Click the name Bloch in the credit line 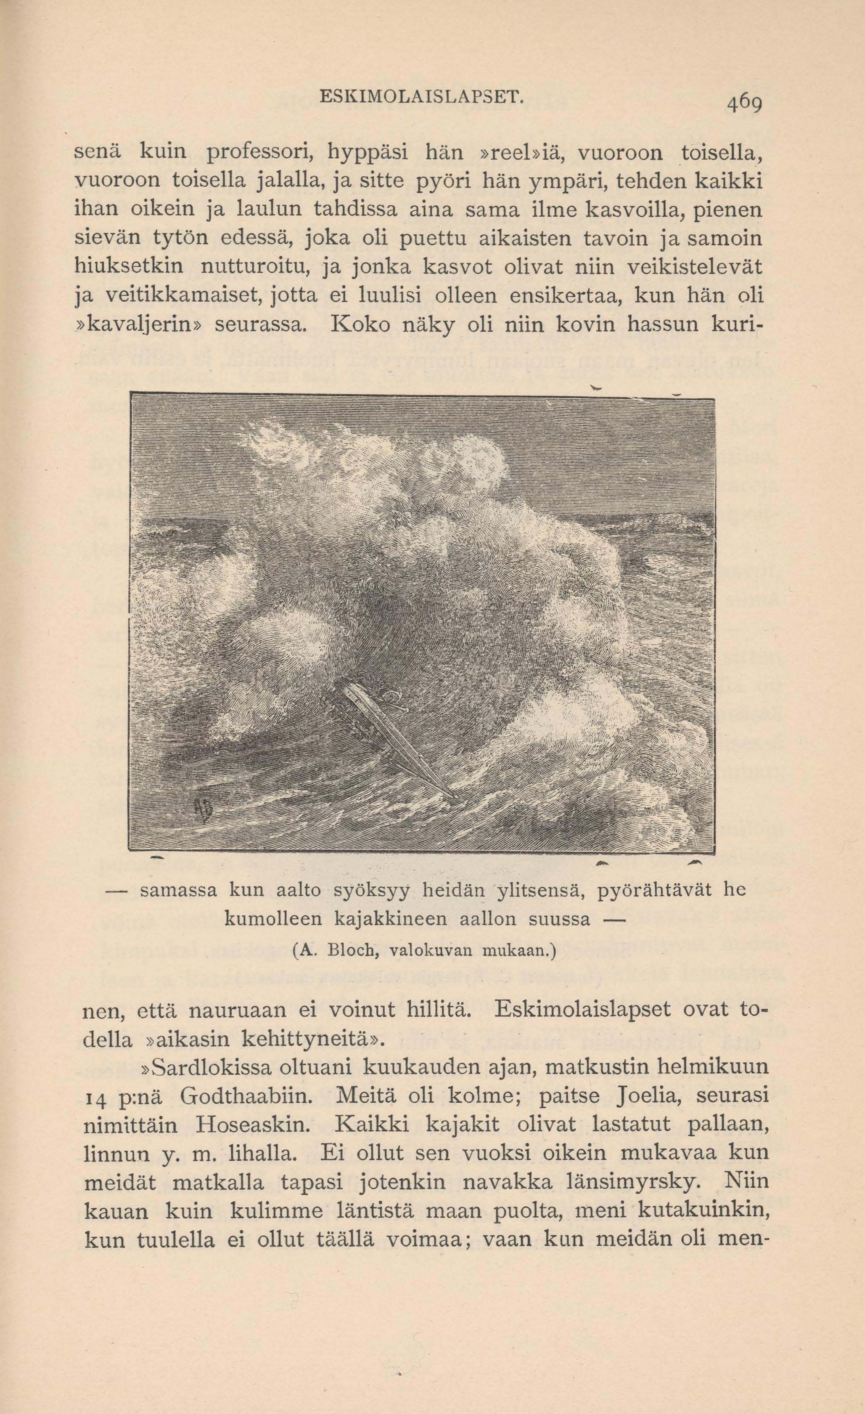pos(351,952)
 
